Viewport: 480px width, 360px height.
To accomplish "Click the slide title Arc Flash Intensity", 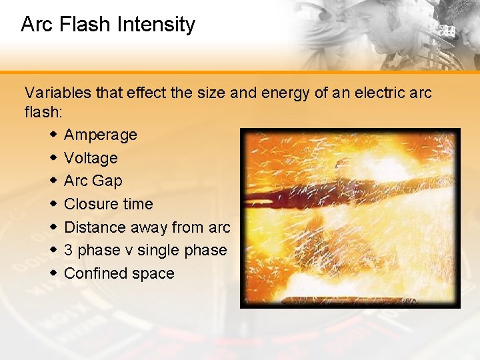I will click(108, 25).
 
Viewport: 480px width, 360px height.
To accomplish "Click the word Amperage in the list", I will click(100, 135).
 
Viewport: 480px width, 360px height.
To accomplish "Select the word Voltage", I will click(91, 158).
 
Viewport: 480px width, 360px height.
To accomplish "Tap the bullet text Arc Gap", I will click(93, 181).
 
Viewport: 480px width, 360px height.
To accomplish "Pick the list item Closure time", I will click(108, 204).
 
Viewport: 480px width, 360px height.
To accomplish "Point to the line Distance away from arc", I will click(147, 227).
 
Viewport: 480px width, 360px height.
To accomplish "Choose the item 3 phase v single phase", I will click(145, 250).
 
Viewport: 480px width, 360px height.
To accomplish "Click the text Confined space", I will click(119, 273).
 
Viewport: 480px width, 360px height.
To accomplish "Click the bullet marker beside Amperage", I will click(53, 135).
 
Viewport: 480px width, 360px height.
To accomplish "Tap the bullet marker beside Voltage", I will click(53, 158).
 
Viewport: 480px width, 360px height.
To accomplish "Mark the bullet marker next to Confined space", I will click(53, 273).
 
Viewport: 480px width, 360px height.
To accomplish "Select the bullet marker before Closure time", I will click(53, 204).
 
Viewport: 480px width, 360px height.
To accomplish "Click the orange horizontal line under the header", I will click(240, 72).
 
